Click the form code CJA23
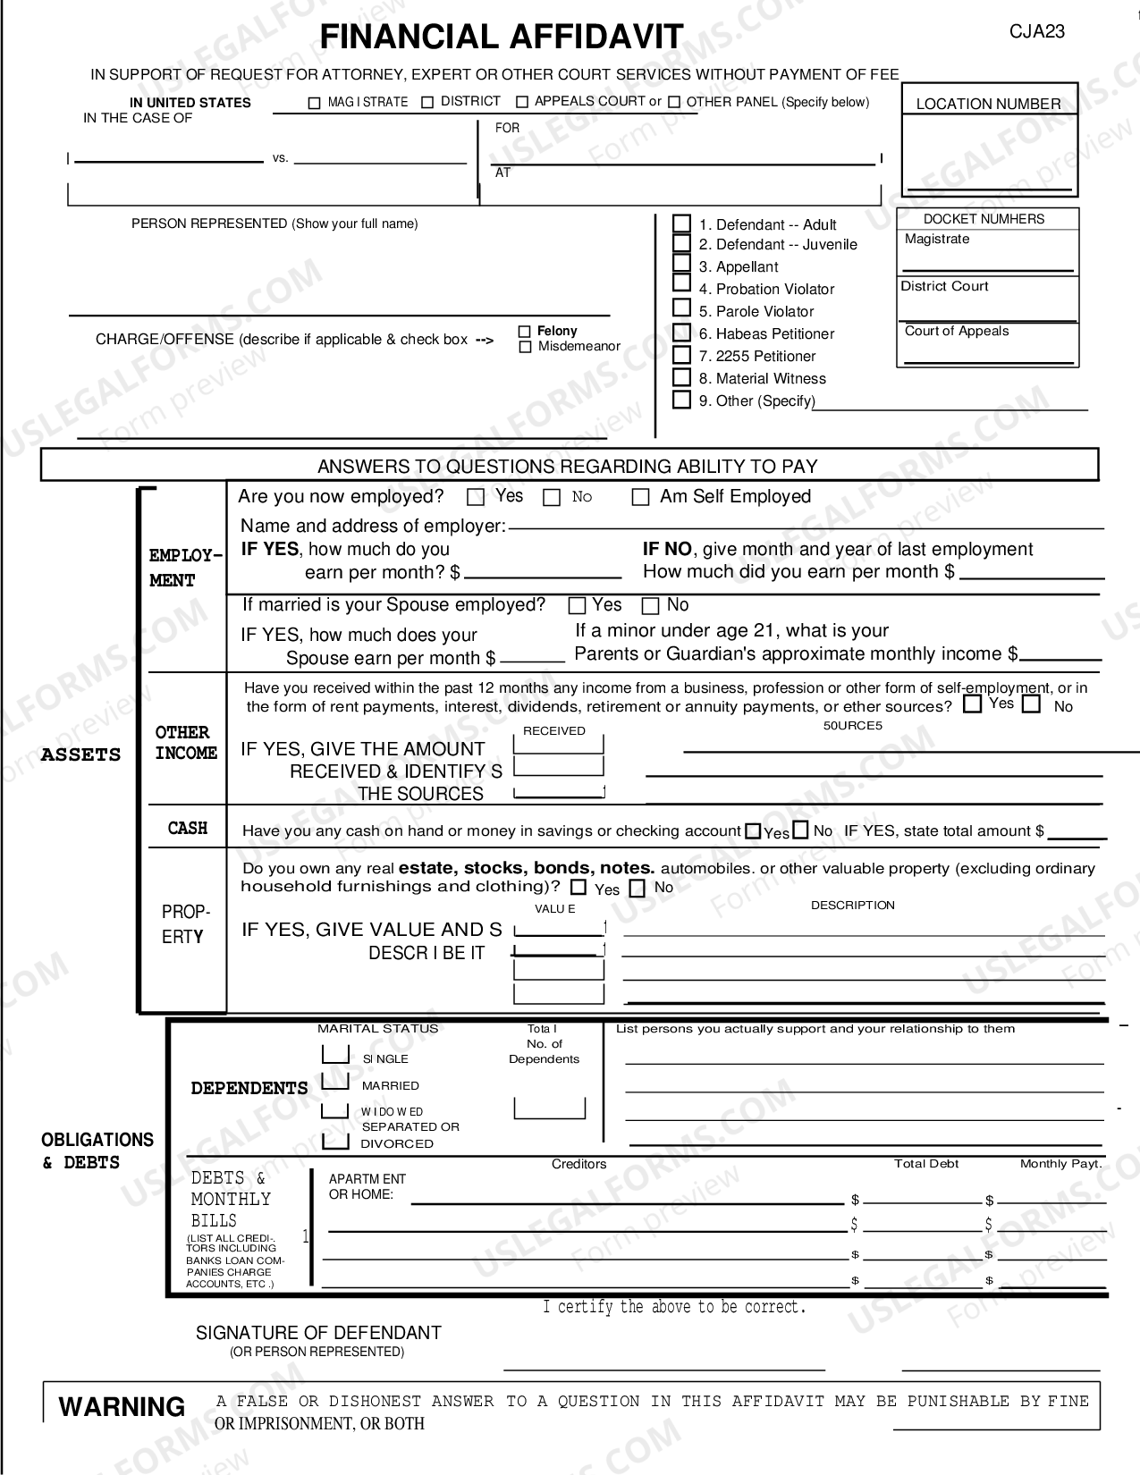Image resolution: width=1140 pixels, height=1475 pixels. click(1037, 31)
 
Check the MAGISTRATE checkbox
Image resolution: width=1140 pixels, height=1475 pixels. click(314, 103)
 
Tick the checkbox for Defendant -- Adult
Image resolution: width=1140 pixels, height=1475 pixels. click(681, 223)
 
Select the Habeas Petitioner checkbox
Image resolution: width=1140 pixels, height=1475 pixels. click(681, 333)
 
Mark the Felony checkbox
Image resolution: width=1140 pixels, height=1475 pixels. click(525, 332)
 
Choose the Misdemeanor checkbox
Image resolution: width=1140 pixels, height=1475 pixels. click(525, 347)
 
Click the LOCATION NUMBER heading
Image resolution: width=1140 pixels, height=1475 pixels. click(988, 104)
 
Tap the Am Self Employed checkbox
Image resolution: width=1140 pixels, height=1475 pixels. click(640, 498)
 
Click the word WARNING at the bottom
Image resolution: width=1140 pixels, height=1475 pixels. click(122, 1406)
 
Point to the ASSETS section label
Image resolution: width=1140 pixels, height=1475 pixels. click(80, 754)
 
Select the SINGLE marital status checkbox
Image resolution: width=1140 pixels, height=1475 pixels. click(335, 1055)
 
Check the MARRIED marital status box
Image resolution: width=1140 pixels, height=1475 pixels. click(335, 1082)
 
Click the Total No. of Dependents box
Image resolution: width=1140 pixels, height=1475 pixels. click(549, 1108)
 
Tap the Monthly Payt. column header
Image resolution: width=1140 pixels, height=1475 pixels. click(1060, 1164)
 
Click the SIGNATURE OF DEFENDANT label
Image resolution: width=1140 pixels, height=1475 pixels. click(318, 1333)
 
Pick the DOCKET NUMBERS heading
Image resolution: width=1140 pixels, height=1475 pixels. click(984, 219)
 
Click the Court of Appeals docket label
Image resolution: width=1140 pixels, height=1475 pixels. click(956, 331)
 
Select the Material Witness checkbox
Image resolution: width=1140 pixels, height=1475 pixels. click(681, 377)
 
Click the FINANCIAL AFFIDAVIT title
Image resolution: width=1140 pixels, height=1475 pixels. click(501, 37)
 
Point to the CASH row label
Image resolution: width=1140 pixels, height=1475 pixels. click(188, 829)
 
